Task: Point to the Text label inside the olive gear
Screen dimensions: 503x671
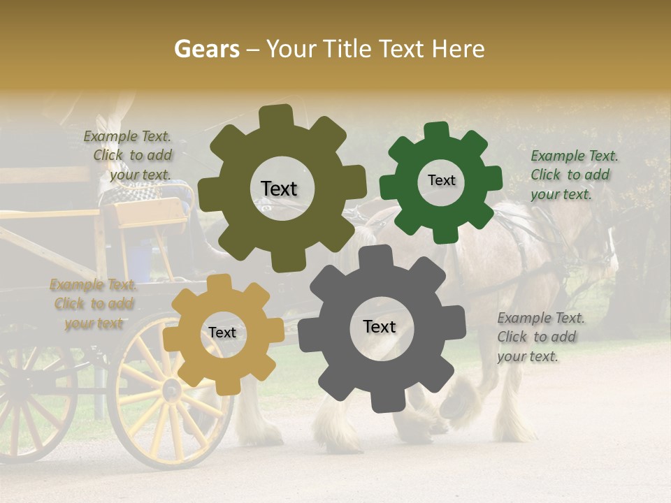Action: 279,189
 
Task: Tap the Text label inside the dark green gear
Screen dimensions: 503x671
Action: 441,180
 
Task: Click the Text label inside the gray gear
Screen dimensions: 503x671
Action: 379,326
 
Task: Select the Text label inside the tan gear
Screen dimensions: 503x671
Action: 222,333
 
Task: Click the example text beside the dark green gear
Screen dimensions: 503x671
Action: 574,175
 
